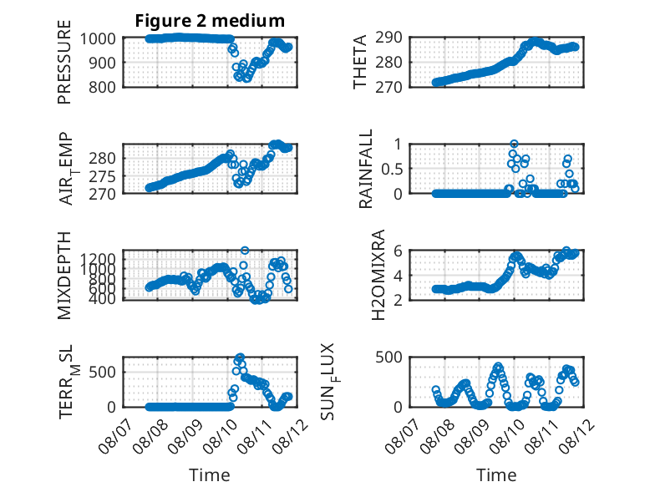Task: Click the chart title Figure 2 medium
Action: click(210, 20)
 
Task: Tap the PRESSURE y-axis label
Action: click(64, 62)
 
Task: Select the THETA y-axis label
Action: click(360, 62)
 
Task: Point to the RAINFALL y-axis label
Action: click(366, 168)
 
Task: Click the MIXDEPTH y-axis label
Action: click(64, 275)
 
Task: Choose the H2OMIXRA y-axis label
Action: click(378, 275)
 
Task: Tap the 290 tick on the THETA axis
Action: click(388, 38)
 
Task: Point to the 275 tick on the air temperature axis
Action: click(103, 175)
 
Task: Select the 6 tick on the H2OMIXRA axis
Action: click(398, 251)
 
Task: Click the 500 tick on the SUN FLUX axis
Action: click(388, 357)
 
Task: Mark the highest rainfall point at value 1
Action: click(514, 144)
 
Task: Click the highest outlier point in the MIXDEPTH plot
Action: click(245, 251)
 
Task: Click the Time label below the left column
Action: click(210, 475)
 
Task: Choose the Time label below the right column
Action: click(496, 475)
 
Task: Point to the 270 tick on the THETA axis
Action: click(388, 87)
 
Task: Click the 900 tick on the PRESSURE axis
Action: click(103, 63)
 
